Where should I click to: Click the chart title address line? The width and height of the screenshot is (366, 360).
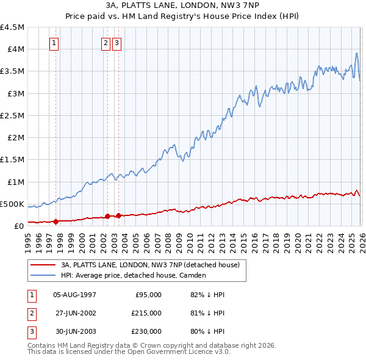(x=183, y=5)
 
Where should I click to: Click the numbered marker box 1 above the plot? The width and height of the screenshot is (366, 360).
(x=55, y=43)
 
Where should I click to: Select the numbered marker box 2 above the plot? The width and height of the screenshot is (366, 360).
(x=106, y=43)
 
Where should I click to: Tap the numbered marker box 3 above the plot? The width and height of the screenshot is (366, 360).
(x=117, y=43)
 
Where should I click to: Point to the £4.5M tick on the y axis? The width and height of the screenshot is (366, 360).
(x=13, y=27)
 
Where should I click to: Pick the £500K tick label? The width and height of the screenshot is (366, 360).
(x=13, y=204)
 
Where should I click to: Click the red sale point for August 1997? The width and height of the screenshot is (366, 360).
(x=56, y=221)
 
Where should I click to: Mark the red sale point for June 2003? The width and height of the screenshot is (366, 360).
(x=118, y=215)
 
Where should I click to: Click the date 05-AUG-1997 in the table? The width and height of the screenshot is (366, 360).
(x=74, y=295)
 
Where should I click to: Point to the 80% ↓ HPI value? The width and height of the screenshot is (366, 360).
(x=207, y=331)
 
